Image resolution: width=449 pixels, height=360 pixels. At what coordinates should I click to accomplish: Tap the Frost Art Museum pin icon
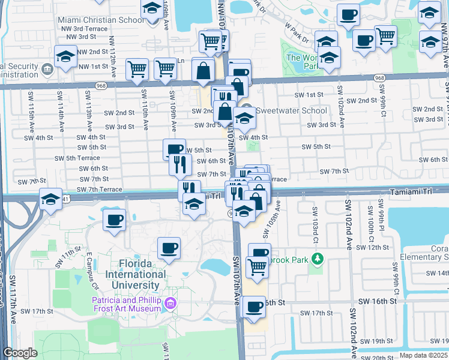(172, 304)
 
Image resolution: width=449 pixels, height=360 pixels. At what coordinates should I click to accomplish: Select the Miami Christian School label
(101, 20)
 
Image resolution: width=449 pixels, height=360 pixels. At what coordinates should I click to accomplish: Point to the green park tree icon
(318, 259)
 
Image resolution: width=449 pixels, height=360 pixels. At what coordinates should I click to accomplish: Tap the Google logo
(20, 353)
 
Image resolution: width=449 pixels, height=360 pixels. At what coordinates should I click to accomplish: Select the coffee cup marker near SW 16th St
(255, 307)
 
